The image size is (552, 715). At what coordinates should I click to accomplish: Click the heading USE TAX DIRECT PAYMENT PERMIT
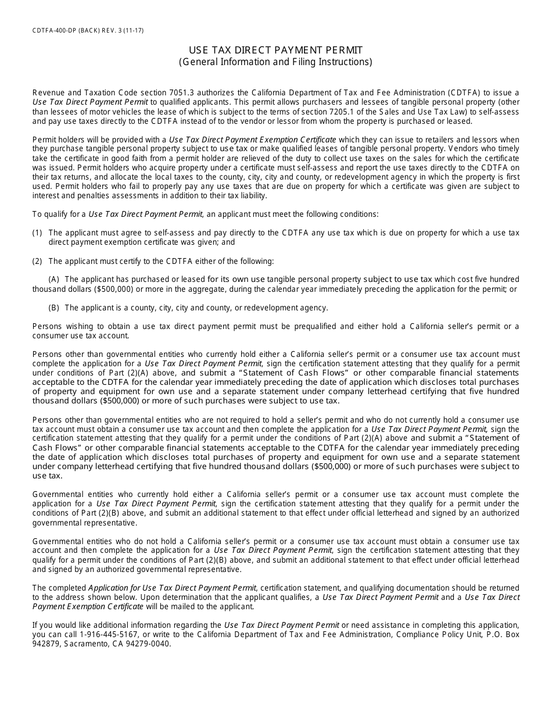tap(275, 51)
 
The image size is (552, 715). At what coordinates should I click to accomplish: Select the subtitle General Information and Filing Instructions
tap(275, 62)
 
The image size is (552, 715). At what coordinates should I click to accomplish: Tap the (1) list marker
tap(37, 233)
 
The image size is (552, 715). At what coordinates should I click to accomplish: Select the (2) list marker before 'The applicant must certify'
tap(37, 261)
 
